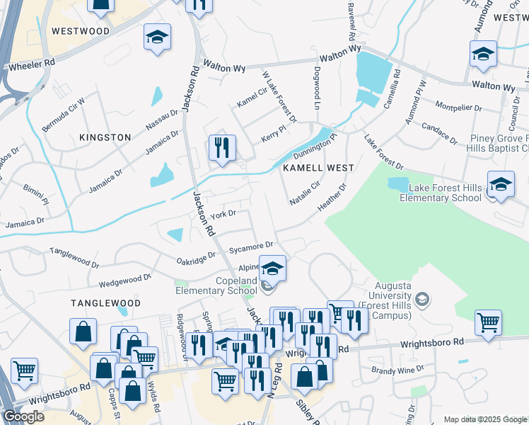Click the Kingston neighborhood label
105,137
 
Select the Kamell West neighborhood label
318,168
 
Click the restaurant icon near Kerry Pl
221,148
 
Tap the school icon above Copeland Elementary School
272,268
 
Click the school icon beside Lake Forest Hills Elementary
501,186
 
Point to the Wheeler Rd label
31,64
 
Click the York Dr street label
223,213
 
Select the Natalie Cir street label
306,192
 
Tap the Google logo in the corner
23,416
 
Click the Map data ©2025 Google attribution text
484,419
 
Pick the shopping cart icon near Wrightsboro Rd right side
488,323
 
